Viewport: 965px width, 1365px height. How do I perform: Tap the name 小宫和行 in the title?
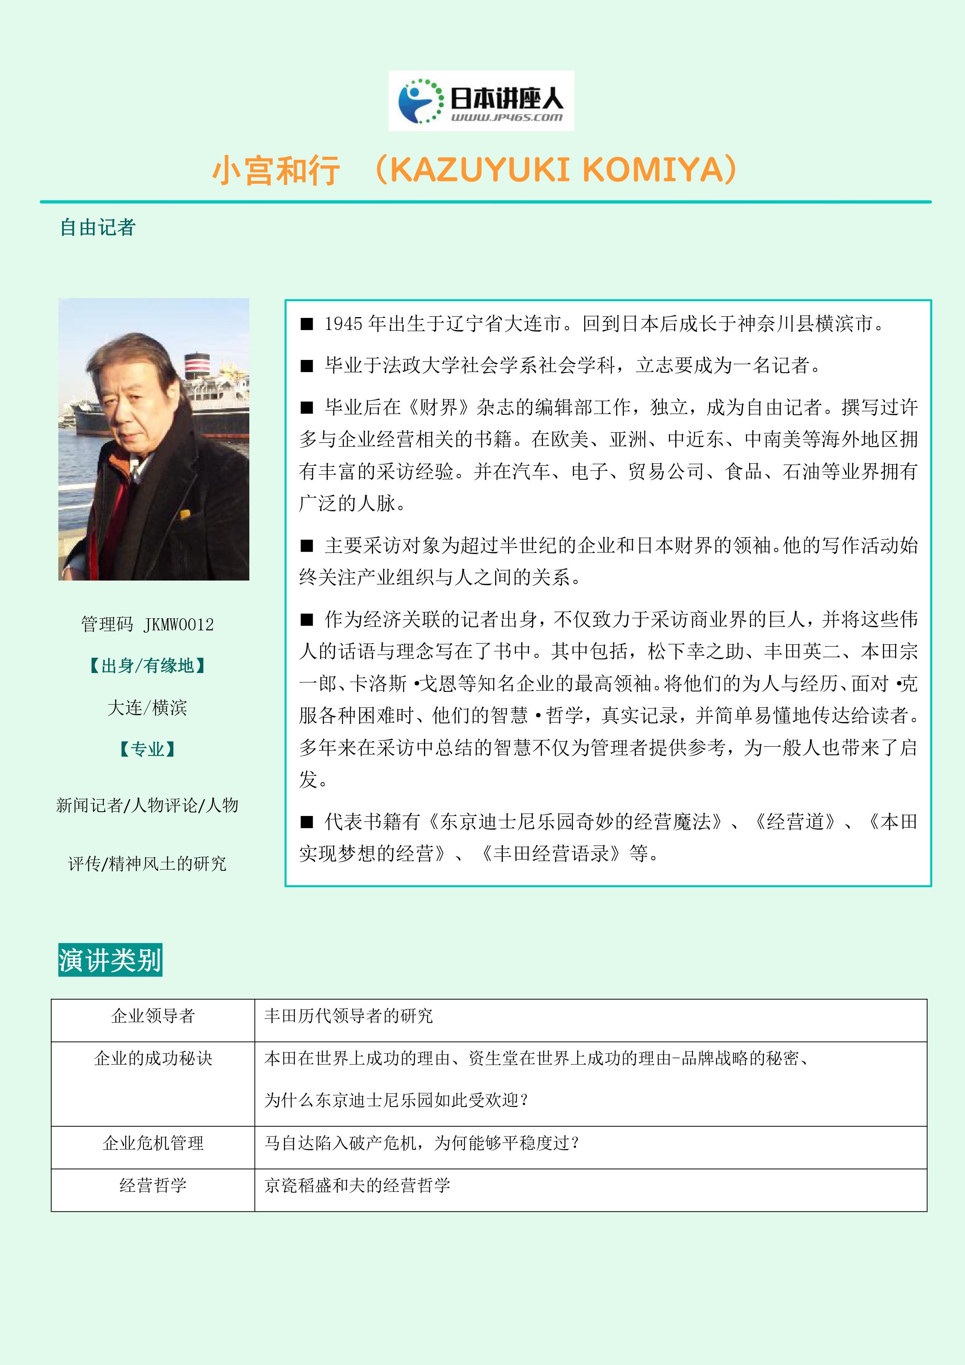pyautogui.click(x=276, y=170)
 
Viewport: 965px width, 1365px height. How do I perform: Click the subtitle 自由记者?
pyautogui.click(x=98, y=227)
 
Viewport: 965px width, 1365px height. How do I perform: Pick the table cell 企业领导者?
pyautogui.click(x=153, y=1016)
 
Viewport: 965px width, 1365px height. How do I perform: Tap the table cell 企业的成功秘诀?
pyautogui.click(x=153, y=1059)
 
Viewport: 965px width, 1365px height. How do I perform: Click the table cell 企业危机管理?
pyautogui.click(x=153, y=1143)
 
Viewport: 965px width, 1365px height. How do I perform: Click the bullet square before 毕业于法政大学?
pyautogui.click(x=306, y=366)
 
